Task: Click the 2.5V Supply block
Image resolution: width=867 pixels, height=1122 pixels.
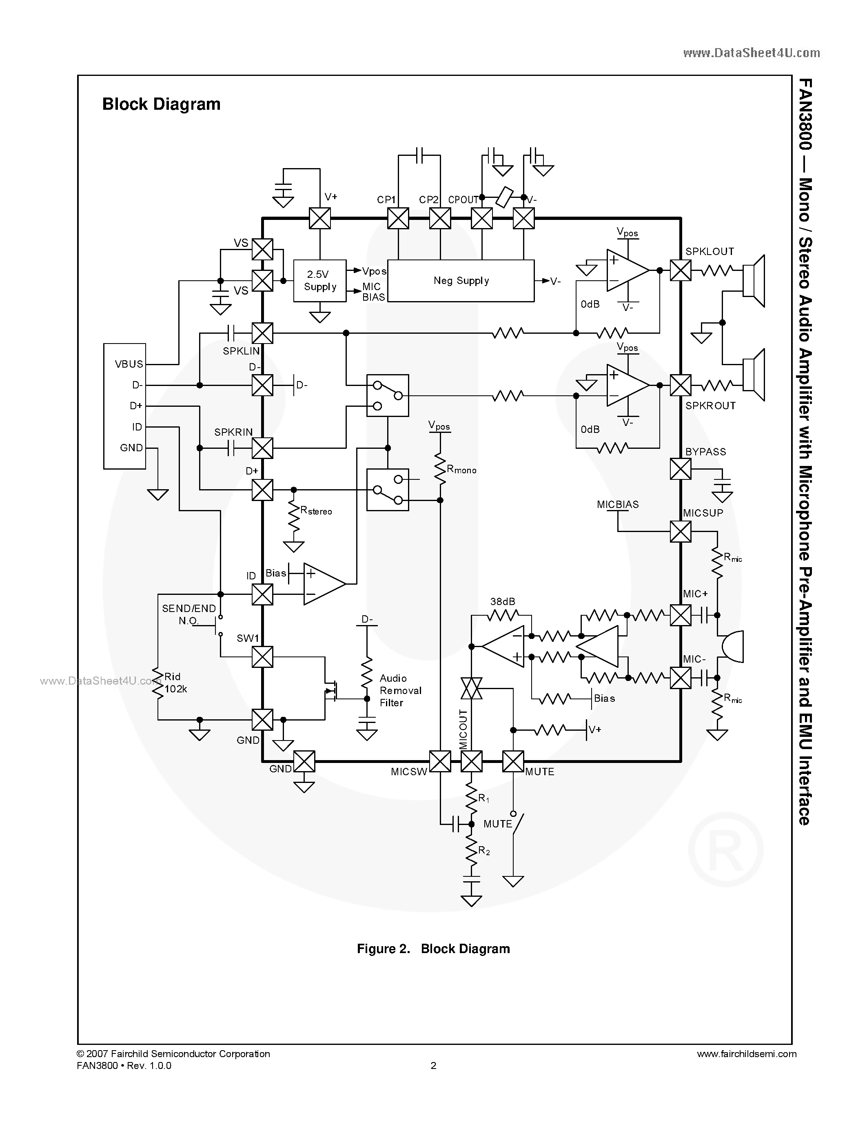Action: tap(319, 281)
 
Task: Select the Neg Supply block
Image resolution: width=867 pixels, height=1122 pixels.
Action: tap(461, 281)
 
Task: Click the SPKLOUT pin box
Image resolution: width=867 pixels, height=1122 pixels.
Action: tap(681, 270)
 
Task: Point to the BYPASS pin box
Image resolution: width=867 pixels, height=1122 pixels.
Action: tap(681, 468)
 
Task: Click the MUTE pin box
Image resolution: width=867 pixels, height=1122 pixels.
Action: tap(512, 761)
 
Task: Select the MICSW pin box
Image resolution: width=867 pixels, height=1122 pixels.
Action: tap(440, 761)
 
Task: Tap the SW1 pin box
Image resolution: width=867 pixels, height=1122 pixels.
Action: tap(262, 656)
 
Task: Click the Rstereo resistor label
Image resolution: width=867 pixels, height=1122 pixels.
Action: tap(316, 511)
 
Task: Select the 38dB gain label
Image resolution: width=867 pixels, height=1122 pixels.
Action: tap(502, 601)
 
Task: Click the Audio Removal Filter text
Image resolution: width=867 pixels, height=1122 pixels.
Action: tap(400, 690)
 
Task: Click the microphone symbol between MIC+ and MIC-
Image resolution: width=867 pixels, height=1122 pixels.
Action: tap(732, 646)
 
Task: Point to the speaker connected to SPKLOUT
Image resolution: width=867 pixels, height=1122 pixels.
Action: tap(754, 281)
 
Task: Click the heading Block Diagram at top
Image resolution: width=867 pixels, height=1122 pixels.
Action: tap(161, 104)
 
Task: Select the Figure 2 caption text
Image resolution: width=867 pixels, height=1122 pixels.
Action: tap(433, 949)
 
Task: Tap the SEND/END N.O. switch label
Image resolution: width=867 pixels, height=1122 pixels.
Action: tap(188, 614)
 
